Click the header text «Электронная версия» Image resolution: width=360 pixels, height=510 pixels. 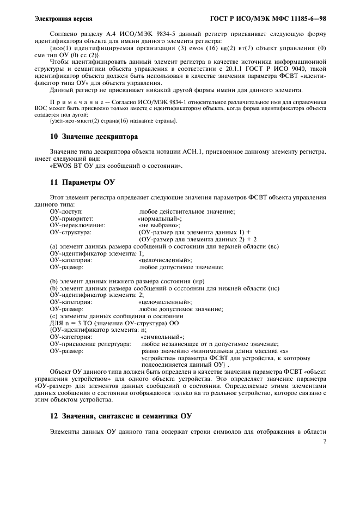click(x=63, y=20)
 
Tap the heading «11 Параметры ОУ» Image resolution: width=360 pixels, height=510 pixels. click(x=74, y=182)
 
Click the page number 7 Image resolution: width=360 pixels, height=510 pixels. click(x=325, y=442)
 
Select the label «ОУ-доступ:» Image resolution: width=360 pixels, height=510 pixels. click(x=66, y=211)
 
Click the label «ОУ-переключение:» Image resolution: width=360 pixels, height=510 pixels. click(x=77, y=225)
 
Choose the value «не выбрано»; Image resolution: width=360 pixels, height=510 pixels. click(x=160, y=225)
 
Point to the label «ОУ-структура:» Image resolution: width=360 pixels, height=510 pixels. click(x=70, y=232)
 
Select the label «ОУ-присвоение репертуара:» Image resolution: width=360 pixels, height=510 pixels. click(x=90, y=344)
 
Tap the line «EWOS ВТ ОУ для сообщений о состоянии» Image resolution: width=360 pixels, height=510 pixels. click(x=116, y=166)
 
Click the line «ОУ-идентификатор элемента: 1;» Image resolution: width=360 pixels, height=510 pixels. click(x=97, y=253)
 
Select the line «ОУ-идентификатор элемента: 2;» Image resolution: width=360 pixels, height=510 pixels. click(x=97, y=295)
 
